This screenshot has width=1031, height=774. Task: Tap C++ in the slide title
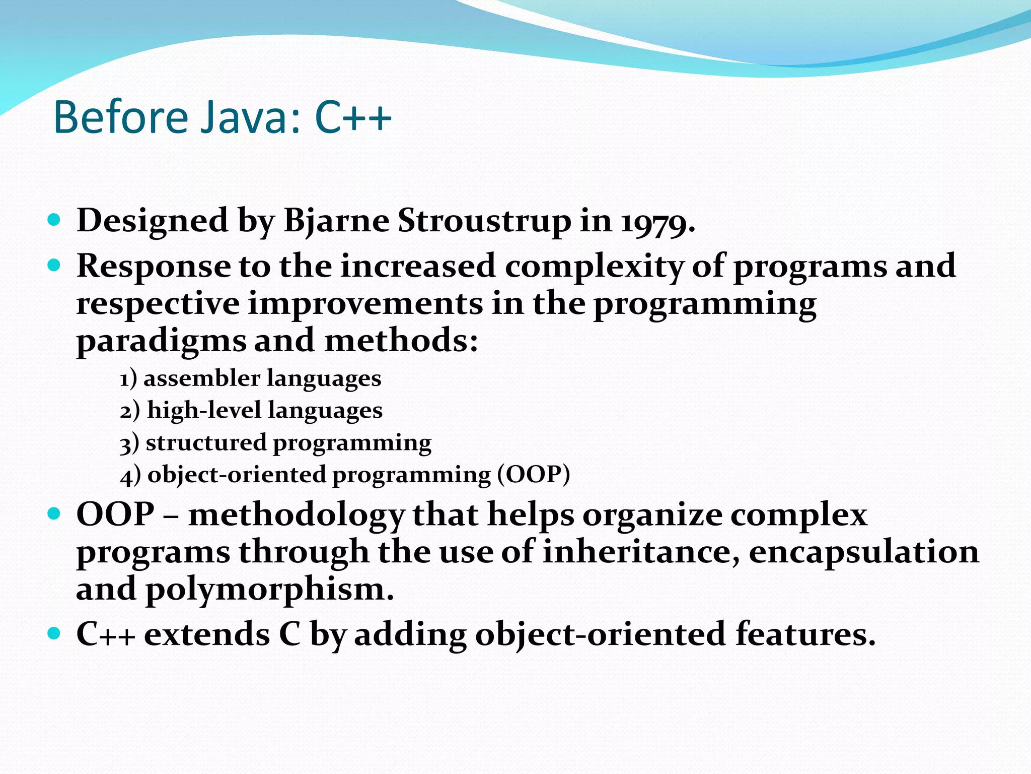353,118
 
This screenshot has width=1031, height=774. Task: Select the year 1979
657,222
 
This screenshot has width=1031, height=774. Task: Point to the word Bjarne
336,222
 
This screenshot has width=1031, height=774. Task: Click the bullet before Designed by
54,220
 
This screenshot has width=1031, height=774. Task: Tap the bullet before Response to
54,265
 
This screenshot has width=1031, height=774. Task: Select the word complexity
594,267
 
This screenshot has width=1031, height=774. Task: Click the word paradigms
161,342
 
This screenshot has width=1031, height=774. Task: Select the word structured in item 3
205,443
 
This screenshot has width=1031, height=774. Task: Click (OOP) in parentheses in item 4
534,475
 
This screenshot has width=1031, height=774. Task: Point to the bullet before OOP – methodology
54,514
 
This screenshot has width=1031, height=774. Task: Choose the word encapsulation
863,552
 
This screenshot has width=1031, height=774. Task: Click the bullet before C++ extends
54,633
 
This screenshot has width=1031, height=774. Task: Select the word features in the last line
805,634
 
